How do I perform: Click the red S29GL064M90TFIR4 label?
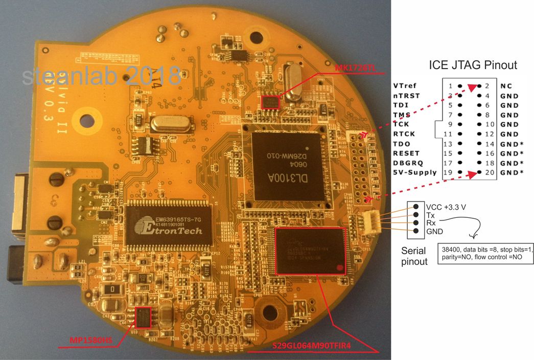(313, 348)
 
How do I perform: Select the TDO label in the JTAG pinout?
(402, 144)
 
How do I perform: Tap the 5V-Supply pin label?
(415, 172)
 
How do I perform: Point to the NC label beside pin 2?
(506, 86)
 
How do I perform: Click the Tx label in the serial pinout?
(430, 215)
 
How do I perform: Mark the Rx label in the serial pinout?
(430, 223)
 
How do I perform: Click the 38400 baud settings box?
(485, 253)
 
